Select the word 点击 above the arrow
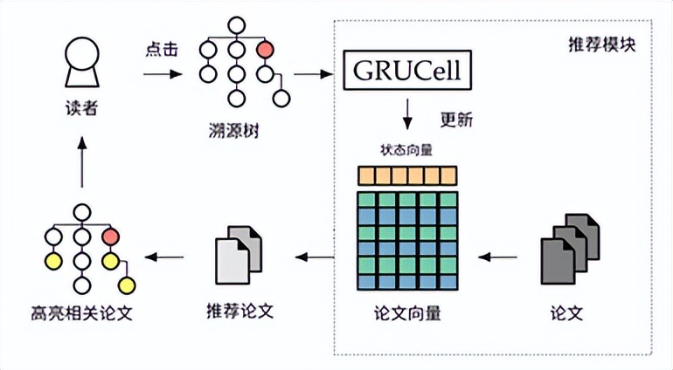pos(161,49)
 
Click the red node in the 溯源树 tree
pos(265,49)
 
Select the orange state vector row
pos(406,175)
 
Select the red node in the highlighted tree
pos(110,236)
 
